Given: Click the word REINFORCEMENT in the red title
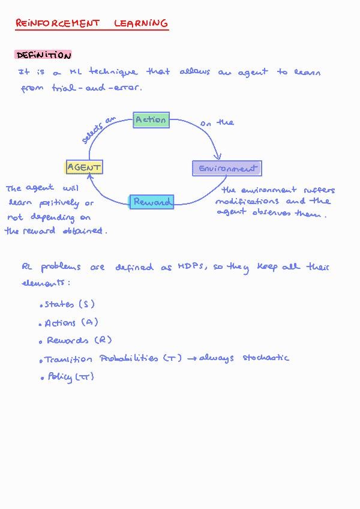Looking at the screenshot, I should tap(58, 23).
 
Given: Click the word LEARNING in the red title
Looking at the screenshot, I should tap(141, 23).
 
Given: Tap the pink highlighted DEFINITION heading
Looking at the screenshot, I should tap(44, 55).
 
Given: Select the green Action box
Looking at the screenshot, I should tap(151, 120).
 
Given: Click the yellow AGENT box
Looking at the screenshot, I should tap(84, 167).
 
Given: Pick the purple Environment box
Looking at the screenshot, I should tap(227, 169).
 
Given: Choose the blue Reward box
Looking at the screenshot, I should tap(152, 202).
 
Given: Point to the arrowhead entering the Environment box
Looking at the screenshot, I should tap(217, 157).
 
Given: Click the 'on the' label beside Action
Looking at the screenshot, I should tap(217, 123).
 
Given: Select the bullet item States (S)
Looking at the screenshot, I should tap(69, 305).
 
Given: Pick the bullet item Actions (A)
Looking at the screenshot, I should tap(71, 323).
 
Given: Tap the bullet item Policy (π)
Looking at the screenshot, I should tap(70, 377).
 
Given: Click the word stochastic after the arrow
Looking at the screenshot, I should tap(266, 358).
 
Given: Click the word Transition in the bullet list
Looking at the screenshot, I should tap(68, 360).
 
